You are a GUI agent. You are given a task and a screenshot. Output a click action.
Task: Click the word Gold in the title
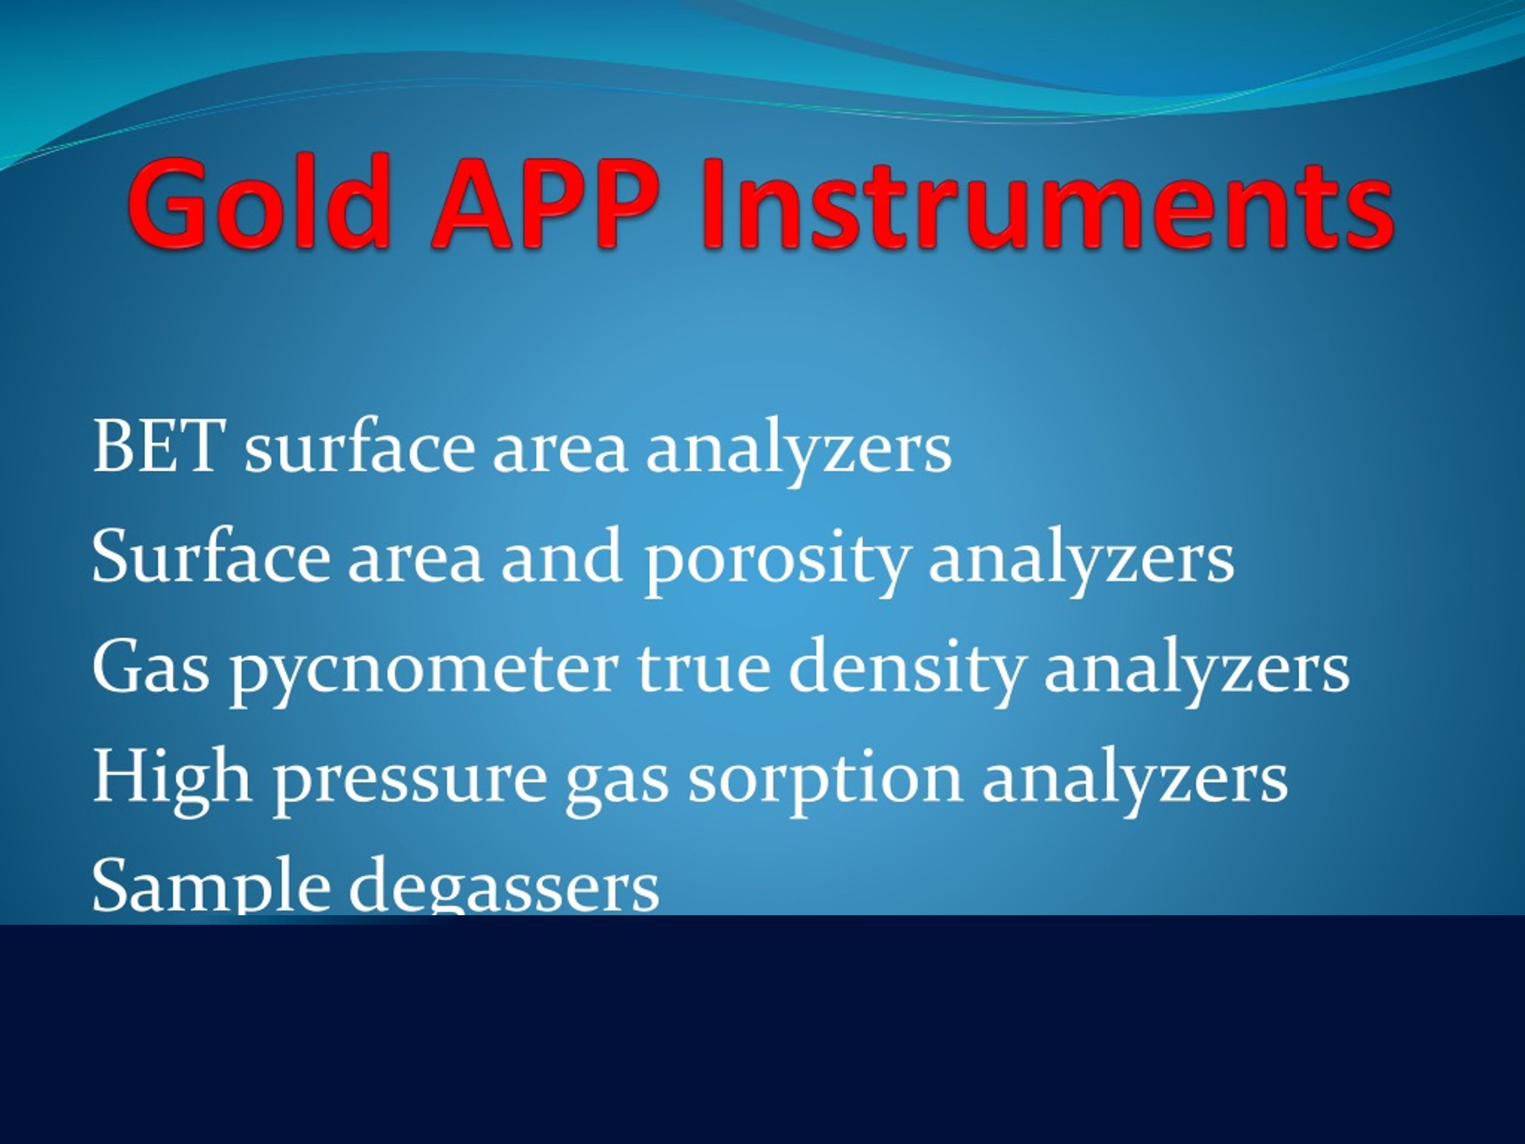click(x=259, y=202)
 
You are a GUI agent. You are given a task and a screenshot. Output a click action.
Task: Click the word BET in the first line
click(x=158, y=446)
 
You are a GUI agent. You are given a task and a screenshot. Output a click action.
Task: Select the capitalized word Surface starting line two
click(x=210, y=555)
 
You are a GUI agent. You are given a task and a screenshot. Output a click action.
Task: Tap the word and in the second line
click(x=561, y=556)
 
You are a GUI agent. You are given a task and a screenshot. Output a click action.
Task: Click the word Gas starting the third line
click(x=150, y=666)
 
